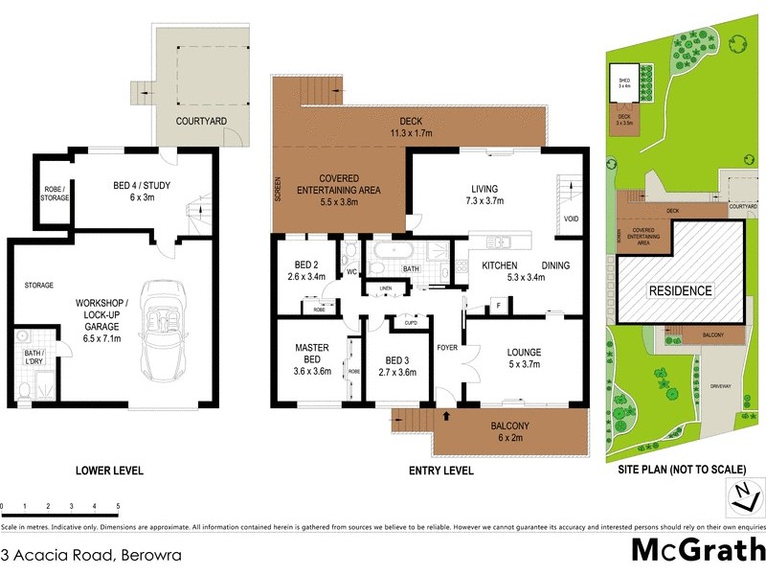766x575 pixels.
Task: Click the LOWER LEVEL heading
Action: coord(109,471)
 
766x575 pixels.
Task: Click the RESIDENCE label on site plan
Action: coord(681,290)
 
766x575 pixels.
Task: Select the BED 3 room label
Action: coord(396,366)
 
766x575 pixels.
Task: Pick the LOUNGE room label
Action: coord(524,357)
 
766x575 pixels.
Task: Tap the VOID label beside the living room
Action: coord(572,218)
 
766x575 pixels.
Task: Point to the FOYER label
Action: coord(447,348)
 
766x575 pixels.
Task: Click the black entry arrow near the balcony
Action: coord(447,415)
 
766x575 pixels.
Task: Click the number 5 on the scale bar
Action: coord(118,505)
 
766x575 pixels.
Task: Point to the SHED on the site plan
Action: coord(624,83)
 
